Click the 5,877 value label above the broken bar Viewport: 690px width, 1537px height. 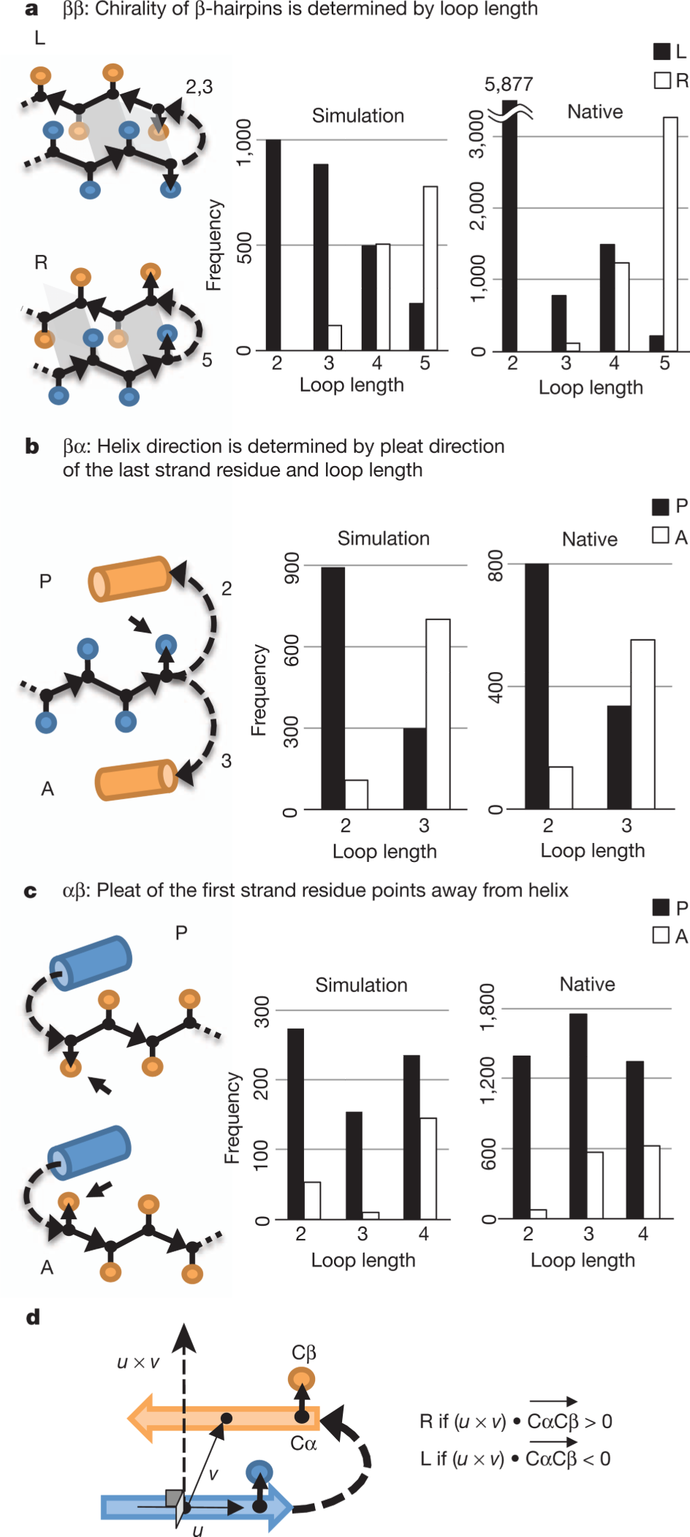(x=509, y=85)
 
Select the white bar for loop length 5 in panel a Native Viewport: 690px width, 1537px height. (x=670, y=234)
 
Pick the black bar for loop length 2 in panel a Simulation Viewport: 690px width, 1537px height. (x=273, y=245)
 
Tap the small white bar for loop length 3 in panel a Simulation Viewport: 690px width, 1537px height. (x=335, y=337)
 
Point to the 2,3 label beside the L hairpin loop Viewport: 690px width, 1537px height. (x=199, y=88)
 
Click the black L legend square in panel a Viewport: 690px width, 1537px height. (x=661, y=51)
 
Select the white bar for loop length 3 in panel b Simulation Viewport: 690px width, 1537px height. (x=438, y=714)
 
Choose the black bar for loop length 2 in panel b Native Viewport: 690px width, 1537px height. (x=537, y=687)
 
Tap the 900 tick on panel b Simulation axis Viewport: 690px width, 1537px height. (x=292, y=568)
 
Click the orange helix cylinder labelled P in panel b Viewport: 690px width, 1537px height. (x=130, y=579)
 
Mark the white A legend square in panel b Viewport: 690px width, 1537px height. (x=661, y=535)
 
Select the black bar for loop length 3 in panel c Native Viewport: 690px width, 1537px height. (x=578, y=1116)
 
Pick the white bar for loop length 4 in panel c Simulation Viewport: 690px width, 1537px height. (x=428, y=1168)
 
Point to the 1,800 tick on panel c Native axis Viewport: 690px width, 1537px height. (x=488, y=1007)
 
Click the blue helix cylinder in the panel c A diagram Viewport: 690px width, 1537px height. (x=89, y=1153)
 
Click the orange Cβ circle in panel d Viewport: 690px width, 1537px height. (x=301, y=1380)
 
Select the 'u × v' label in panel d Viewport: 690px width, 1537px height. (x=138, y=1362)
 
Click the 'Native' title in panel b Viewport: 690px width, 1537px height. (x=589, y=539)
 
